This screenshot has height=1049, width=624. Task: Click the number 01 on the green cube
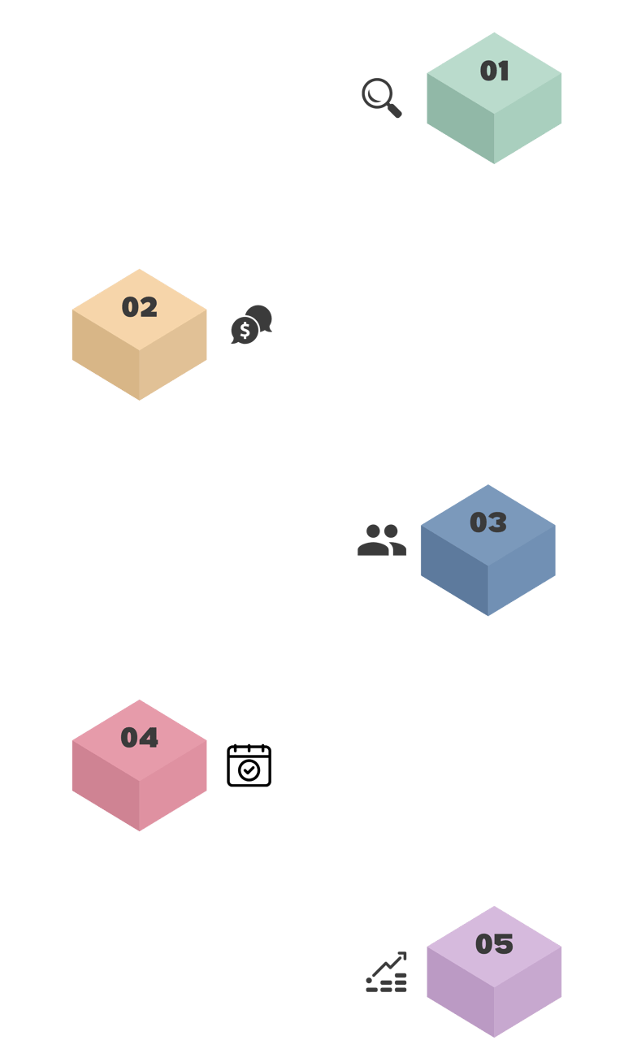coord(494,72)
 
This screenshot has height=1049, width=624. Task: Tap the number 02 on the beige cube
coord(139,307)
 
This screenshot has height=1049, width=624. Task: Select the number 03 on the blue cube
coord(487,522)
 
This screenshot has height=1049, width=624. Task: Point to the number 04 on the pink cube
coord(139,738)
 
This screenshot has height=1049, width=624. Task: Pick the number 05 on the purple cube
coord(494,944)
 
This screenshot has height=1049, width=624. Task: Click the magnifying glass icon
coord(381,98)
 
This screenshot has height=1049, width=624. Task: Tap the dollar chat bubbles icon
coord(251,324)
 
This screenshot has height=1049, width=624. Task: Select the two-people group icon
coord(382,540)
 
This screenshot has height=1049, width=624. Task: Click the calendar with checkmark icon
coord(249,765)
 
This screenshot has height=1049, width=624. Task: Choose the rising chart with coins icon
coord(386,972)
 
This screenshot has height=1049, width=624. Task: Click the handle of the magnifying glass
coord(394,111)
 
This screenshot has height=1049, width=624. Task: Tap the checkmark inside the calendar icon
coord(249,769)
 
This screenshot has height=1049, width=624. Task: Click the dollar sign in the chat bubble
coord(244,331)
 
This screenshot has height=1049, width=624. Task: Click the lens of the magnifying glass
coord(376,93)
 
